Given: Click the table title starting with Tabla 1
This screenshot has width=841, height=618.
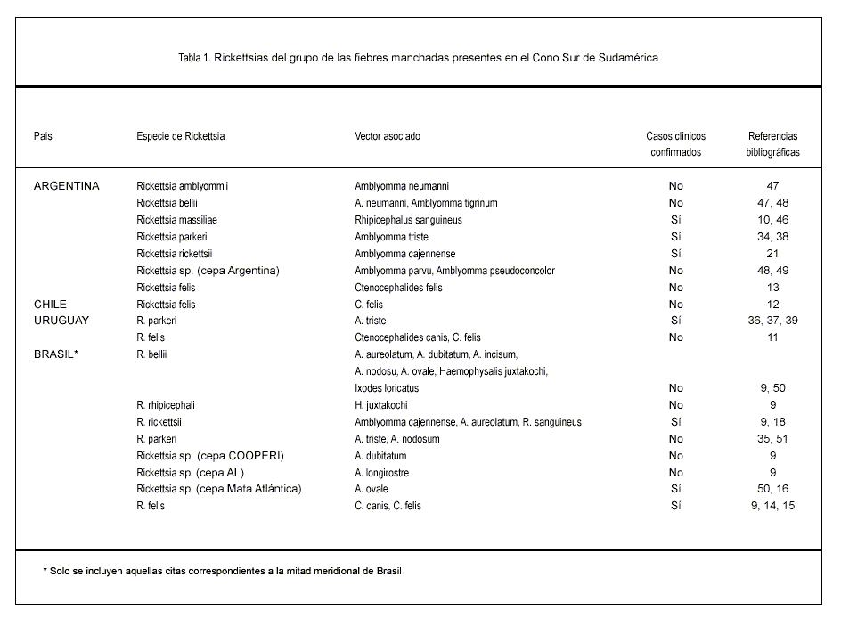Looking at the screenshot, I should (x=418, y=58).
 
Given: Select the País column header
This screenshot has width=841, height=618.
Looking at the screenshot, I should (x=43, y=136).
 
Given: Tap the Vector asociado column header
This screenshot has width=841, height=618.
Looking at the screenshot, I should (x=388, y=136).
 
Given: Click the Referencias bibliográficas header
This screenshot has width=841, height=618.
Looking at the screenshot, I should (x=772, y=144).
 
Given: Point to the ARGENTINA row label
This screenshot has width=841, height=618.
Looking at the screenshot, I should (x=67, y=186).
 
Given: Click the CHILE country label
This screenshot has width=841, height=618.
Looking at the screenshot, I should (x=50, y=304).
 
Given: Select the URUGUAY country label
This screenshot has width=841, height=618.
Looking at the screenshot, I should (x=61, y=321).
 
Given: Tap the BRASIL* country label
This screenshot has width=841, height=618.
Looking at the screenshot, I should (x=57, y=354).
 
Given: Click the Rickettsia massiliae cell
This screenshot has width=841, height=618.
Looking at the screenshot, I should (x=176, y=220).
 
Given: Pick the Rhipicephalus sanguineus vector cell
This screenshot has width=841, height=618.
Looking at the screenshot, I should (x=408, y=220).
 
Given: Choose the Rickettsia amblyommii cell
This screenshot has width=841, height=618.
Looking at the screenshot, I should (x=183, y=186).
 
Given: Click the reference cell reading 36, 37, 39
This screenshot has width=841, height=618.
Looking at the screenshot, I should (x=772, y=321).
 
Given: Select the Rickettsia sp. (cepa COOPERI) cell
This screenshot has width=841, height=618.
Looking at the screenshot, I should (x=210, y=456).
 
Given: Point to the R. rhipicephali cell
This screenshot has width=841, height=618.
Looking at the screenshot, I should (x=166, y=405).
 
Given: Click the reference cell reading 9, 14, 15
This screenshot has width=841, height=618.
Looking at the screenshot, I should (x=772, y=506).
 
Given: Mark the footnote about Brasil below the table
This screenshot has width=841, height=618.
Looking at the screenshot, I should (x=222, y=571).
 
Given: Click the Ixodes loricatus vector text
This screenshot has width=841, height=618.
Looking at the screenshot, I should (x=387, y=388).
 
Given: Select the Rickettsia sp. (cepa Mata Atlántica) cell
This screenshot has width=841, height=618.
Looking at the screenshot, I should (x=219, y=489).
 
